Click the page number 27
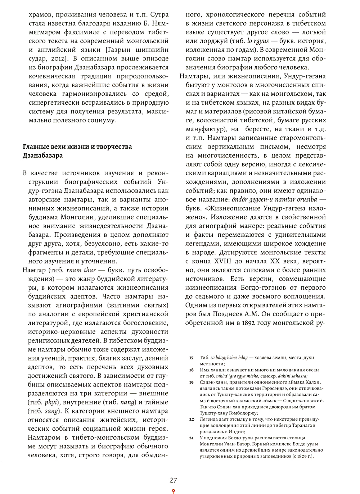click(173, 480)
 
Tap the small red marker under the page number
click(173, 491)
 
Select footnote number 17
click(192, 358)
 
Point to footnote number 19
click(192, 382)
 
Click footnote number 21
click(192, 438)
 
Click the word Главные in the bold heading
click(36, 147)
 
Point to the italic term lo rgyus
click(258, 41)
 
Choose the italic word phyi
click(51, 402)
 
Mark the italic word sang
click(51, 411)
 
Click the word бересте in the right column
click(258, 129)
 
